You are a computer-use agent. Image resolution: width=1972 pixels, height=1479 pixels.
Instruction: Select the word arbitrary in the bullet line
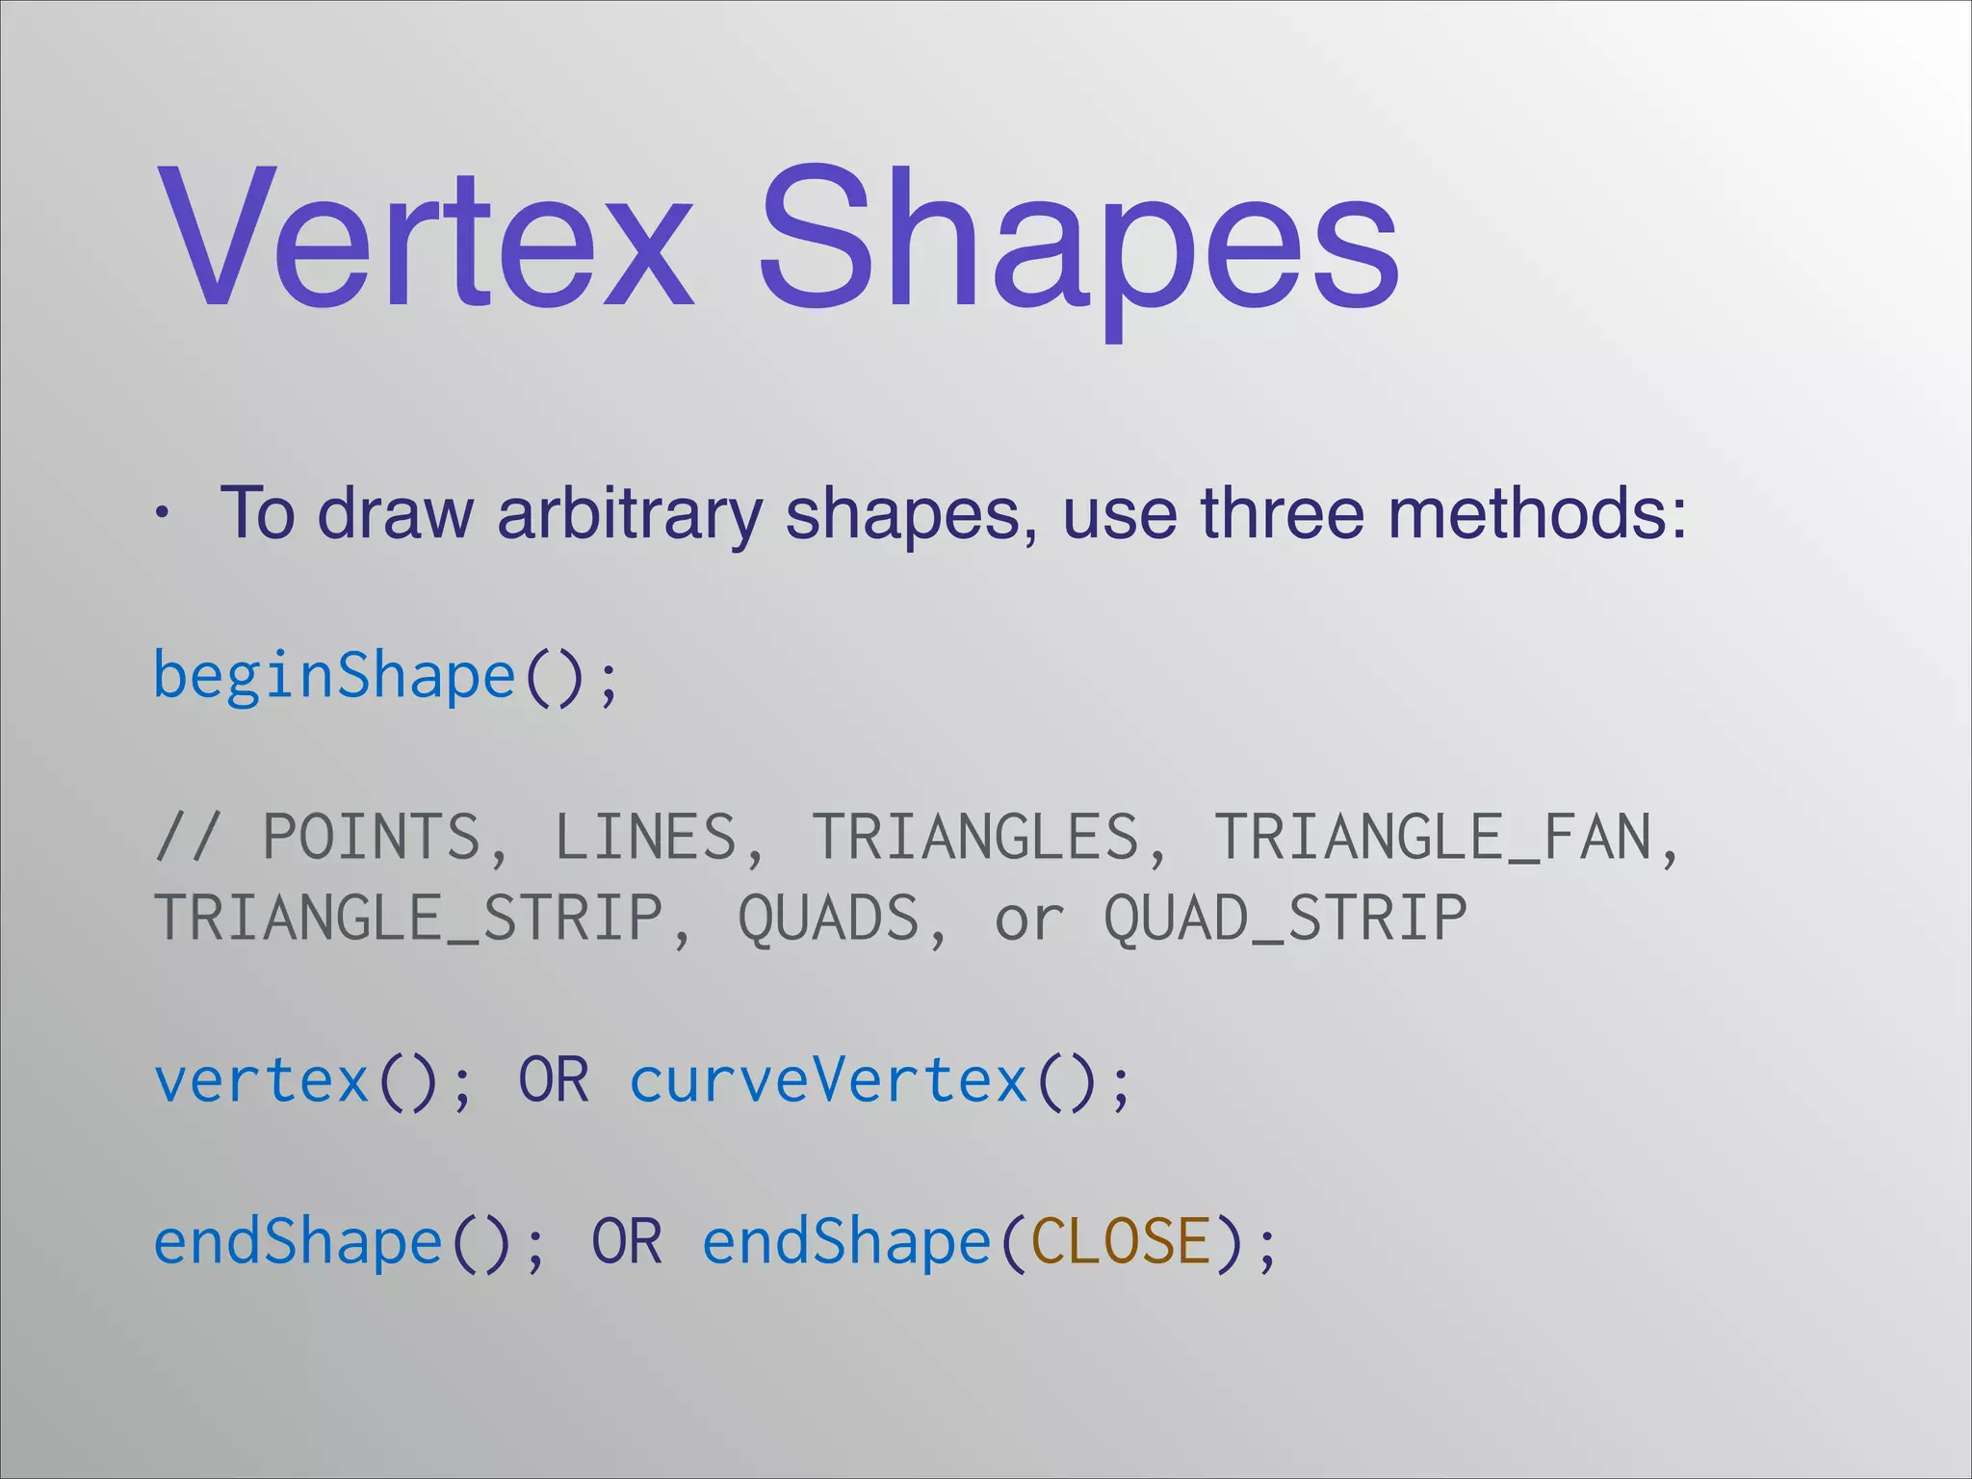click(630, 513)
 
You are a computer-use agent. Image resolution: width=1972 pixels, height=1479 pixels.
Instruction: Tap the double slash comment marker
click(189, 837)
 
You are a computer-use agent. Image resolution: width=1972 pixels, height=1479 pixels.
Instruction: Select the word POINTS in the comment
click(371, 837)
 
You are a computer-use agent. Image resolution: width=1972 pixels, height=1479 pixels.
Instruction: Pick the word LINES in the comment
click(645, 837)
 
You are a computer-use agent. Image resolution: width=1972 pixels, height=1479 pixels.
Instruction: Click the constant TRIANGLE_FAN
click(1434, 837)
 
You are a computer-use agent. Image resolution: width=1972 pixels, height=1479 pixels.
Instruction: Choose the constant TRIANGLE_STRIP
click(408, 918)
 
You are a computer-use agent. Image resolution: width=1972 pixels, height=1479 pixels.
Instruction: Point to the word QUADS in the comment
click(829, 918)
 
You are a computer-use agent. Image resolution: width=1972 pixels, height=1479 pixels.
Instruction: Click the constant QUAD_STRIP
click(1285, 918)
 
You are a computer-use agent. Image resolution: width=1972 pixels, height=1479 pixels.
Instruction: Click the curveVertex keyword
click(828, 1080)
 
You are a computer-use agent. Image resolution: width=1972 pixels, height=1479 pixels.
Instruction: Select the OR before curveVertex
click(554, 1080)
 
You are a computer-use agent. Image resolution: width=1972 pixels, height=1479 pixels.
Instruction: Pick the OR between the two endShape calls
click(627, 1241)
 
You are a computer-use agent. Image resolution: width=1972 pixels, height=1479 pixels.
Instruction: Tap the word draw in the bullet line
click(395, 513)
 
